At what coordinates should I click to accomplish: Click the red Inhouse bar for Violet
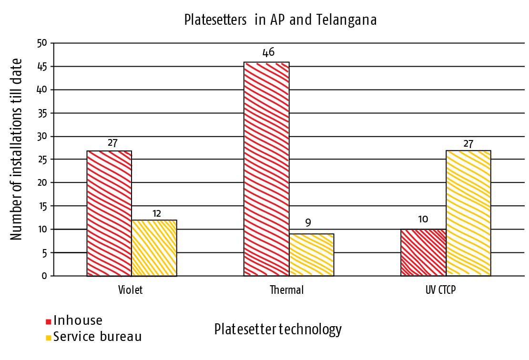[x=109, y=213]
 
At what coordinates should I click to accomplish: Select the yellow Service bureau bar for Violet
[x=154, y=248]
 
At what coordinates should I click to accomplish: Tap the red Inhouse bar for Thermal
[x=266, y=169]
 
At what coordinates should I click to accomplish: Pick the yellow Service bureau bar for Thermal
[x=312, y=255]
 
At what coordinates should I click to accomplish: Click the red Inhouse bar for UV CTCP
[x=423, y=252]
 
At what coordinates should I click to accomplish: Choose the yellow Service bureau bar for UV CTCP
[x=468, y=213]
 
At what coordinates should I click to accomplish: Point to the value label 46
[x=268, y=52]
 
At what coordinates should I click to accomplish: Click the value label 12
[x=157, y=213]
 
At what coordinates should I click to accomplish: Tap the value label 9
[x=308, y=223]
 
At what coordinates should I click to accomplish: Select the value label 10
[x=423, y=219]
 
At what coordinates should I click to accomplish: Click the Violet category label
[x=130, y=290]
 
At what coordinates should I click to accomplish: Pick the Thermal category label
[x=286, y=290]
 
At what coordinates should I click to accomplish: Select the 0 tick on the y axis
[x=45, y=276]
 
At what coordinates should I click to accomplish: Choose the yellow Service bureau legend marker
[x=48, y=338]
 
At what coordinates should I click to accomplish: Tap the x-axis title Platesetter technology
[x=278, y=330]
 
